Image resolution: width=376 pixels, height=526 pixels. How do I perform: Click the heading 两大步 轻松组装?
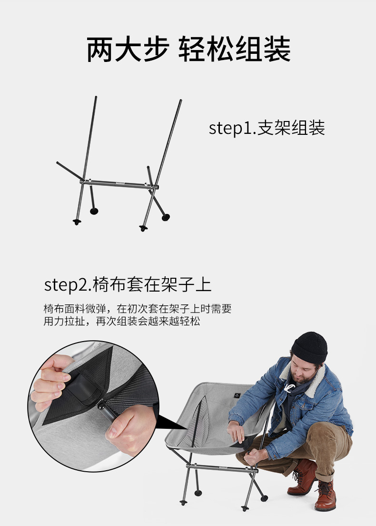coord(188,50)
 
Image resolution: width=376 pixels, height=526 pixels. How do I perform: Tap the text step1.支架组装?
coord(267,128)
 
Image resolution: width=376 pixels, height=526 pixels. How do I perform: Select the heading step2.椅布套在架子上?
coord(128,284)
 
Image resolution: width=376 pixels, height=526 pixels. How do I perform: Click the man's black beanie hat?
coord(309,347)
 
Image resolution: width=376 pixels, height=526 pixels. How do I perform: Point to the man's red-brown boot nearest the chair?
coord(303,476)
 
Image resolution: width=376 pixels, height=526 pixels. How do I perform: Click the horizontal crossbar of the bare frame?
coord(119,184)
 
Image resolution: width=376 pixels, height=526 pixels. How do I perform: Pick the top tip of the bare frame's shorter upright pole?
coord(148,167)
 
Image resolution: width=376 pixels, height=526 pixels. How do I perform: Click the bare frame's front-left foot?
coord(77,222)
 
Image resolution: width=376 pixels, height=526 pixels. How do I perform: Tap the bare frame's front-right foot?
coord(143,228)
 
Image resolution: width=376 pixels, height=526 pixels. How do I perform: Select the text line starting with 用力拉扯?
coord(122,322)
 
